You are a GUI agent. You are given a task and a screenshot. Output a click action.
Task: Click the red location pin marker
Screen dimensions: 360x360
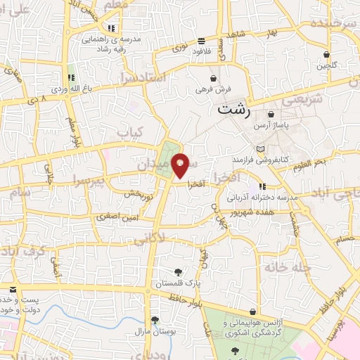tap(181, 164)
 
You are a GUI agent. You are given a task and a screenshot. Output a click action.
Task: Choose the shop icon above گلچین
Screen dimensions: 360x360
tap(326, 54)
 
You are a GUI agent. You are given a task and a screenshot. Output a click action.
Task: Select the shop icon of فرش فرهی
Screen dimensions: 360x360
tap(212, 77)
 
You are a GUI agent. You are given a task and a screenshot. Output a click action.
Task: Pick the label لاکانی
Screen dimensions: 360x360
tap(148, 239)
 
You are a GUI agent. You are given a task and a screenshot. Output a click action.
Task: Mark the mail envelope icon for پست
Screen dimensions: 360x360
tap(13, 289)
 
